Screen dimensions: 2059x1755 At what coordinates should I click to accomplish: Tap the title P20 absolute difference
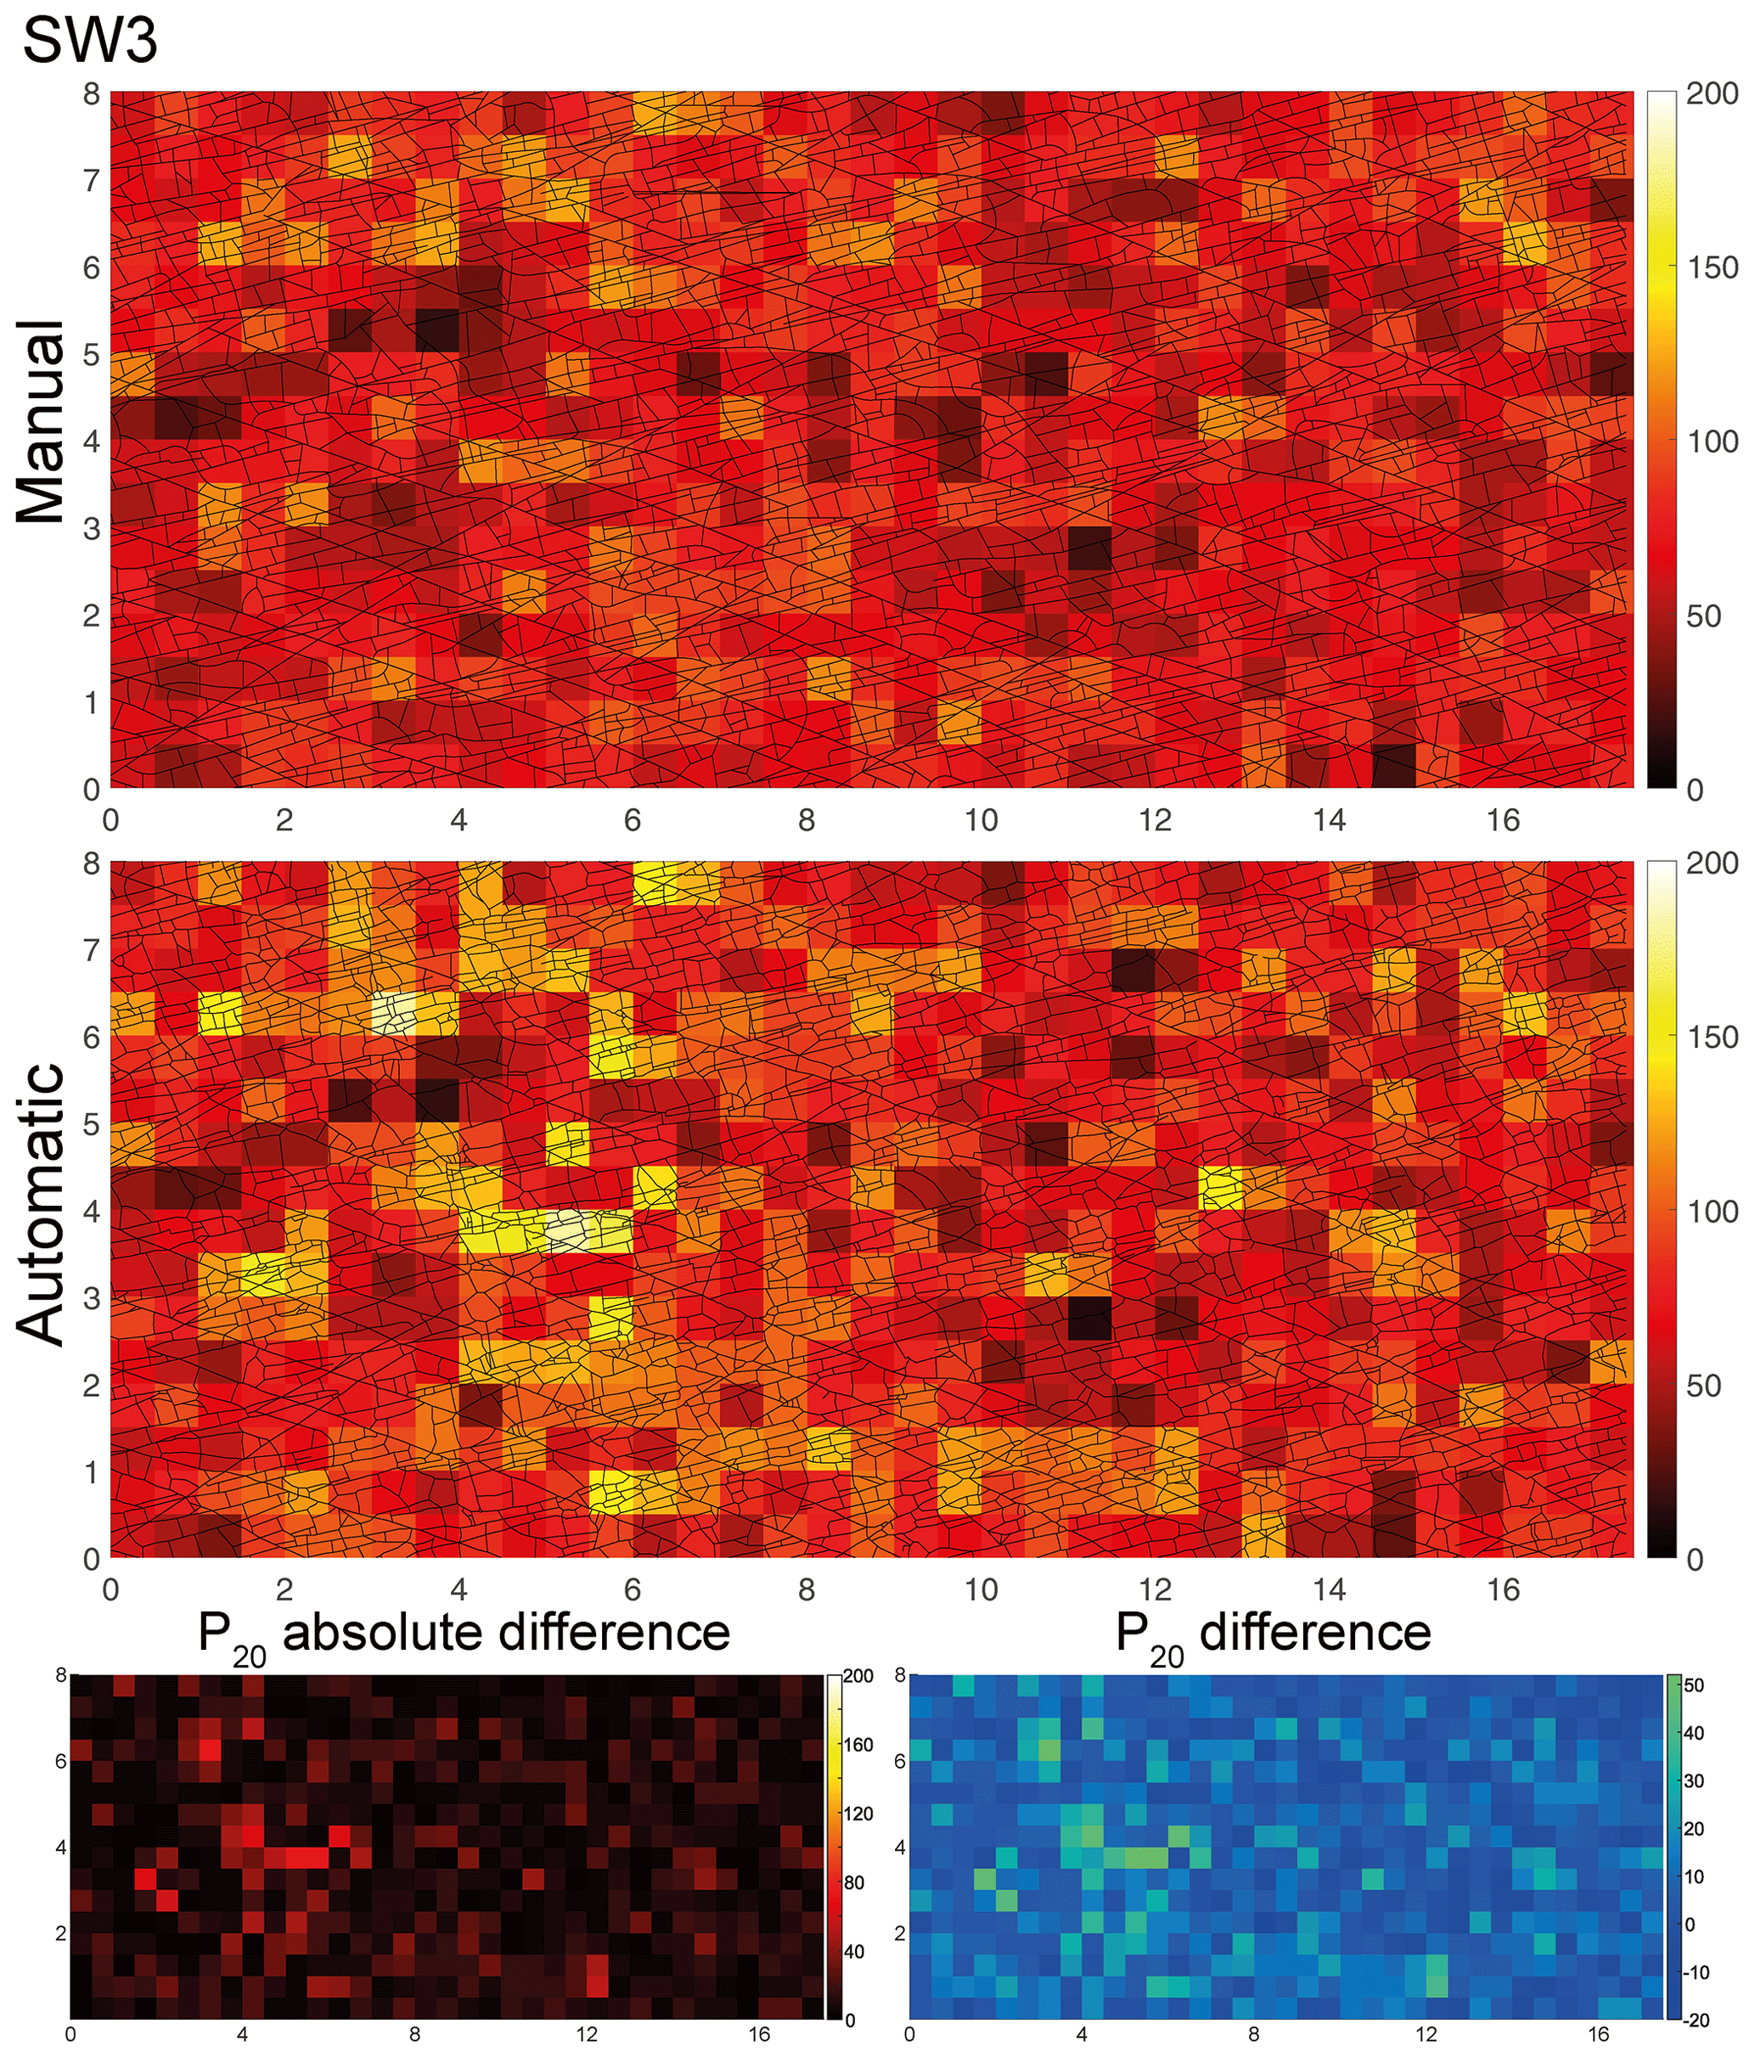click(464, 1634)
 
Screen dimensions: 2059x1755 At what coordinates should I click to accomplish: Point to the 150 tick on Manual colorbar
click(1713, 267)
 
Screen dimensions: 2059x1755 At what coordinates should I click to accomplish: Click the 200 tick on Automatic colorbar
click(1713, 863)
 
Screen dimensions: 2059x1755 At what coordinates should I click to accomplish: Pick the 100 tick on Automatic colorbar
click(1713, 1212)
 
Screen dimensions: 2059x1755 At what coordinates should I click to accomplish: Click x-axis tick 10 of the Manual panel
click(981, 820)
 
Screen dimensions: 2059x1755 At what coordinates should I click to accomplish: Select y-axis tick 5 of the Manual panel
click(92, 355)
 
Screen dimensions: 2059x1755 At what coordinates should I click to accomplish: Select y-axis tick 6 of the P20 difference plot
click(900, 1761)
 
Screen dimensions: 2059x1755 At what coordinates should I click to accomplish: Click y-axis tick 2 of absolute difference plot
click(60, 1934)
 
